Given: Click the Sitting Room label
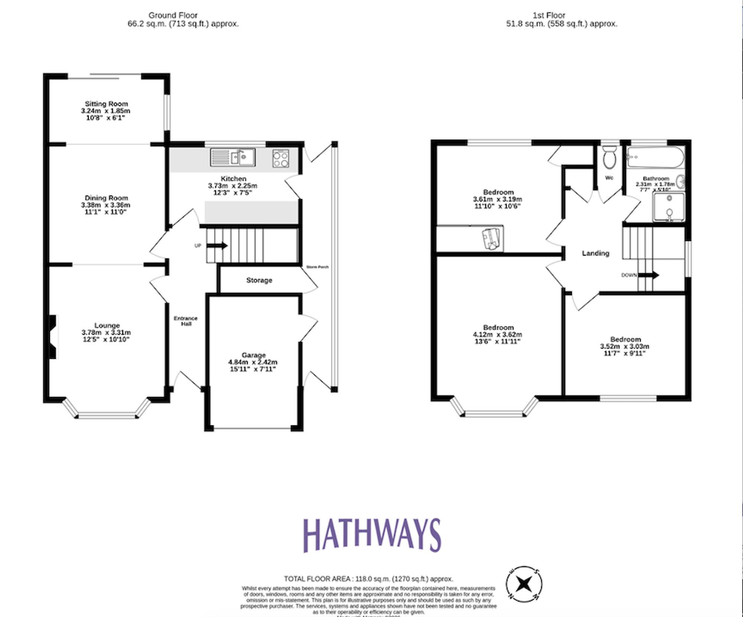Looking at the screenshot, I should (x=106, y=104).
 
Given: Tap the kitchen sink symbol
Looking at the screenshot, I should (x=233, y=157).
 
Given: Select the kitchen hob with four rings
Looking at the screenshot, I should (x=280, y=158).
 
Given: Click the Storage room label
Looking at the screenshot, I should (x=259, y=280).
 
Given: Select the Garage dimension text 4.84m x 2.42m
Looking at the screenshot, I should (x=253, y=362).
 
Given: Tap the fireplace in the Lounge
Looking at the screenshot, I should (x=53, y=337).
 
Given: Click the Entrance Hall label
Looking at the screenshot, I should (x=186, y=321).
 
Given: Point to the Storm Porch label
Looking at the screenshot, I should (x=317, y=267).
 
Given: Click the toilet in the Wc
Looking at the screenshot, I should (x=609, y=158).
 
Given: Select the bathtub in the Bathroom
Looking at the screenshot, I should (x=655, y=157).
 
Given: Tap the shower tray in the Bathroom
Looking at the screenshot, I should (x=669, y=207).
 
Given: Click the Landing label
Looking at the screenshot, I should (x=596, y=253).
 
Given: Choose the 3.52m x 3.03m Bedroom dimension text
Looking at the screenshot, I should (x=625, y=346).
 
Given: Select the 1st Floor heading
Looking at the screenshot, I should (x=549, y=15).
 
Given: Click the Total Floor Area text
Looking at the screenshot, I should (x=368, y=579).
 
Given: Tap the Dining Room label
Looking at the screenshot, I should (x=106, y=198).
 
